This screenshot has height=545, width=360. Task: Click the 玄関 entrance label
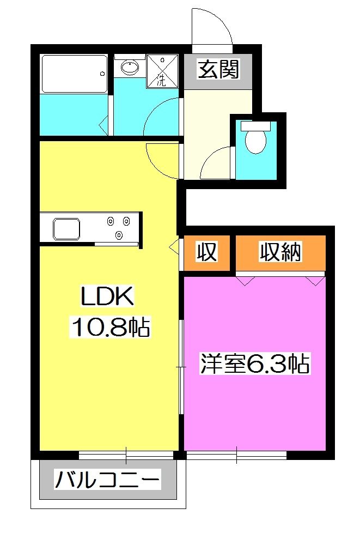pos(218,70)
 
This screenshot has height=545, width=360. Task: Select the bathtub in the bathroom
pos(73,74)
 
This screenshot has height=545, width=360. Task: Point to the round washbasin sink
pos(129,68)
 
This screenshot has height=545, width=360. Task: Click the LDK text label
pos(107,298)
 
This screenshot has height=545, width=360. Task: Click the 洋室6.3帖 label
pos(255,364)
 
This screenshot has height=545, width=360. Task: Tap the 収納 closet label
pos(280,252)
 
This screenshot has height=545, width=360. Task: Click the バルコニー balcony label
pos(108,481)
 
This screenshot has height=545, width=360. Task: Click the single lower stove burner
pos(119,235)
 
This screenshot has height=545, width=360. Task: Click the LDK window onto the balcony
pos(126,454)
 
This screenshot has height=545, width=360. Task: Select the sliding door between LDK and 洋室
pos(181,368)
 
